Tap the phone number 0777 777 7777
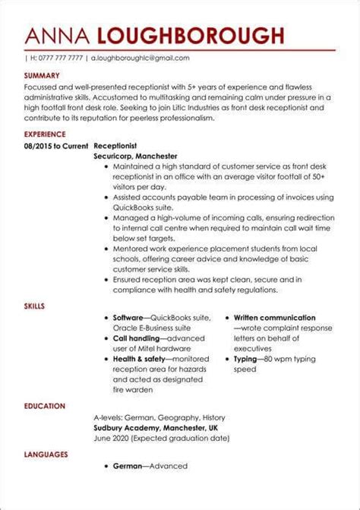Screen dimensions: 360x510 (x=57, y=58)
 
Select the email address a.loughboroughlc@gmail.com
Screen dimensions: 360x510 (x=140, y=58)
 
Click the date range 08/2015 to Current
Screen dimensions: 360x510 (x=55, y=144)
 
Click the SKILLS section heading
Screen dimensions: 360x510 (x=34, y=306)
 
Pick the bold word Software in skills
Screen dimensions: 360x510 (x=128, y=318)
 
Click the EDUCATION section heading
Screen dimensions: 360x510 (x=44, y=406)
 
